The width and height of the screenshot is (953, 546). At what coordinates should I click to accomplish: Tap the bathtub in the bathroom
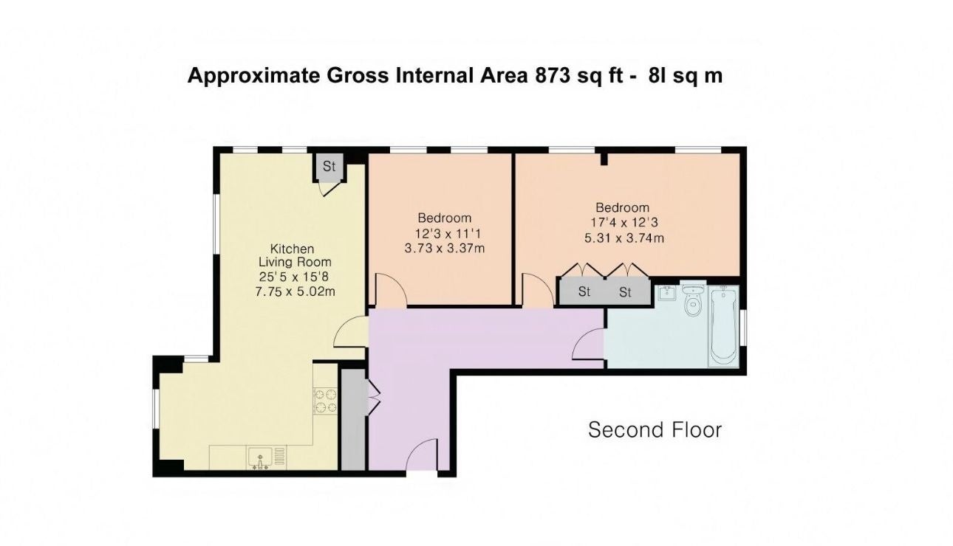[x=724, y=325]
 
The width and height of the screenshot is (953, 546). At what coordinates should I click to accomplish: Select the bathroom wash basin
[x=667, y=293]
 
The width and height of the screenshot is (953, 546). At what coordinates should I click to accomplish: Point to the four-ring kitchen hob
[x=326, y=401]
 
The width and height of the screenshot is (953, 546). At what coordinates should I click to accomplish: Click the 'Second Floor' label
[x=655, y=430]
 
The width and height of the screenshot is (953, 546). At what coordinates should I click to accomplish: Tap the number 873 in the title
[x=553, y=76]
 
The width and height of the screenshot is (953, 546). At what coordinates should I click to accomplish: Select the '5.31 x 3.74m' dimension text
[x=624, y=238]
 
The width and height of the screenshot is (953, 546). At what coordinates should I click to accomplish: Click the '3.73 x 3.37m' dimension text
[x=445, y=248]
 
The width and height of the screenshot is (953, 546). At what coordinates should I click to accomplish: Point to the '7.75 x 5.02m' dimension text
[x=296, y=292]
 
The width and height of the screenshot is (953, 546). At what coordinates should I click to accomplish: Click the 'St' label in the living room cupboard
[x=329, y=166]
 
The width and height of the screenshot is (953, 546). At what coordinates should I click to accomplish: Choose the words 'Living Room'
[x=296, y=262]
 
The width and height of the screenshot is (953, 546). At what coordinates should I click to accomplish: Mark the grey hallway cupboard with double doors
[x=354, y=420]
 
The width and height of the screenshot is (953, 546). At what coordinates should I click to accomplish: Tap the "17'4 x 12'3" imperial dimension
[x=624, y=223]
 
